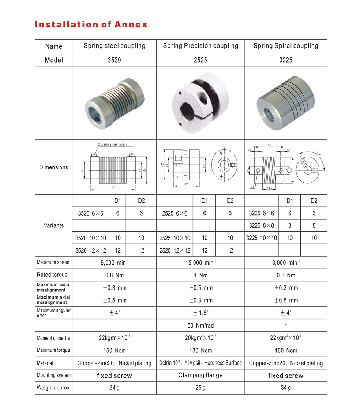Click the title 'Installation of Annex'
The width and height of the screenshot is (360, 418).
91,25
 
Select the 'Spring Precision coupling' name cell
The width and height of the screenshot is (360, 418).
200,46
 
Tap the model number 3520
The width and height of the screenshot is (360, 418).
114,60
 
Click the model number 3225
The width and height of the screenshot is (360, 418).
285,60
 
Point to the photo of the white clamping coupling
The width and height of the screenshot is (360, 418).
200,103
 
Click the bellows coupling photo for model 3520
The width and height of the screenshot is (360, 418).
114,103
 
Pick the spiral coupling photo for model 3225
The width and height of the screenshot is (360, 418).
285,103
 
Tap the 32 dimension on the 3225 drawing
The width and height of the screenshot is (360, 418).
269,145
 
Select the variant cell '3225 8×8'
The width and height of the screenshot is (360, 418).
261,226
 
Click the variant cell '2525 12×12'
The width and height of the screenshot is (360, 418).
175,250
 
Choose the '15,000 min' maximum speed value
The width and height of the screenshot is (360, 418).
200,263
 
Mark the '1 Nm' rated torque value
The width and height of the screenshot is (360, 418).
200,275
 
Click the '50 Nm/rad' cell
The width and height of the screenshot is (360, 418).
200,325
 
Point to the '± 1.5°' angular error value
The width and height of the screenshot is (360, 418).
200,313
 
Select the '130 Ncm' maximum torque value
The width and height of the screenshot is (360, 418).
200,351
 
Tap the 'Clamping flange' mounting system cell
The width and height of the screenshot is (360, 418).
200,375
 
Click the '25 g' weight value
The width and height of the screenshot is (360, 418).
200,388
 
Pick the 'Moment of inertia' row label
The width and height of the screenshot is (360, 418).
53,338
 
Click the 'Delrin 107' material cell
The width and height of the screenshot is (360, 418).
200,363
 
